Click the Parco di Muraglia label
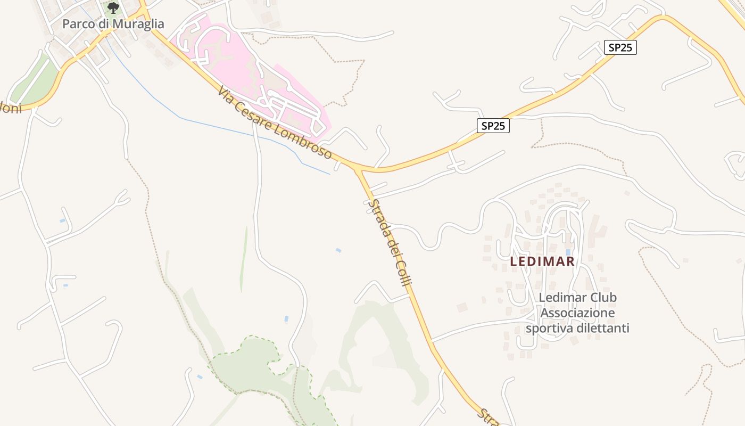[x=113, y=24]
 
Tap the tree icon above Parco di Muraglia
[x=113, y=7]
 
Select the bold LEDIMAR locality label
[x=542, y=261]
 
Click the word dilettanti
[x=605, y=328]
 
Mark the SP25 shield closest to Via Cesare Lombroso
[x=493, y=126]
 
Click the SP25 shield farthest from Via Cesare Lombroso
[x=620, y=47]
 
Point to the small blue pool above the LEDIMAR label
[x=568, y=252]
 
